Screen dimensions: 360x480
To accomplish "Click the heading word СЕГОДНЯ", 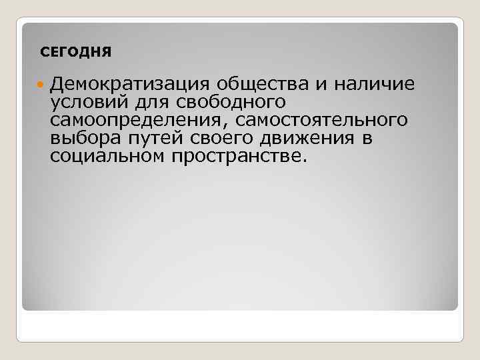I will [76, 51].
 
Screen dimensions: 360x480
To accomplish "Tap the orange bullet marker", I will [41, 85].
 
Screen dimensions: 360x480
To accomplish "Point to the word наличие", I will [373, 84].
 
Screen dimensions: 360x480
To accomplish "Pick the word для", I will [145, 103].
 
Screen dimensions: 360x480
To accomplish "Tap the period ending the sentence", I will [306, 161].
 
